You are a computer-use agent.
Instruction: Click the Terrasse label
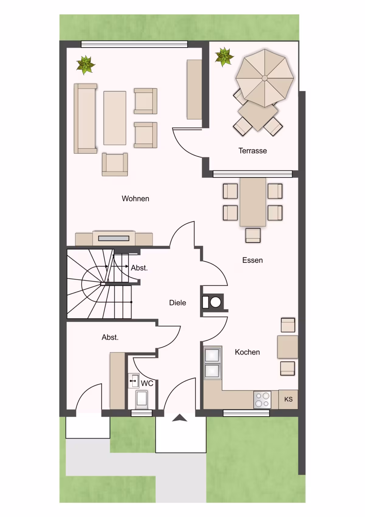[x=252, y=151]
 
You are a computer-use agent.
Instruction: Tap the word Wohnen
[x=135, y=199]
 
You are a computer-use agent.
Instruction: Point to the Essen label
[x=252, y=260]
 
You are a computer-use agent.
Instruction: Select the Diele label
[x=178, y=303]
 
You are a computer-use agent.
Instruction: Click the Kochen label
[x=247, y=352]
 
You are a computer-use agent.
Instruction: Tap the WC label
[x=147, y=383]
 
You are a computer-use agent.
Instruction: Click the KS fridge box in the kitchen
[x=288, y=399]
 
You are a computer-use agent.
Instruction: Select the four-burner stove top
[x=262, y=400]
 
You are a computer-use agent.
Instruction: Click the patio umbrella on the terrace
[x=265, y=78]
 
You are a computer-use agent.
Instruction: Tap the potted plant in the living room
[x=86, y=65]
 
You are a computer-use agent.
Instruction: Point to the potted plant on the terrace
[x=224, y=57]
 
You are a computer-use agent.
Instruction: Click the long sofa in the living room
[x=85, y=118]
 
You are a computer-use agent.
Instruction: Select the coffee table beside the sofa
[x=115, y=118]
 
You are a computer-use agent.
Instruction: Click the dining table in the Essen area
[x=253, y=202]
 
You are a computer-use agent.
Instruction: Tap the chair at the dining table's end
[x=253, y=235]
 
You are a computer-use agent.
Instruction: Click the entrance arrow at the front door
[x=180, y=417]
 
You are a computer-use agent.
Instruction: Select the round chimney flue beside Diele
[x=215, y=302]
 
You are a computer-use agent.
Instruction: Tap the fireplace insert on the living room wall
[x=114, y=238]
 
